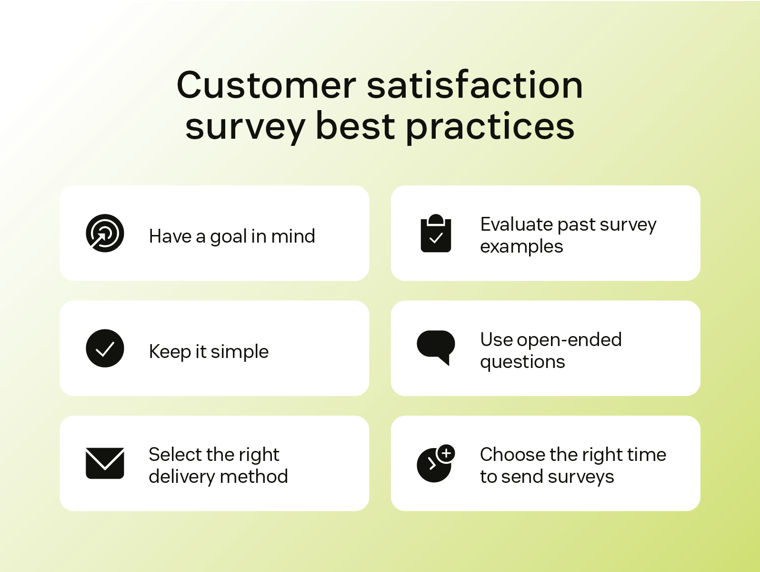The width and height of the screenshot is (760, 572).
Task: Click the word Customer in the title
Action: coord(266,86)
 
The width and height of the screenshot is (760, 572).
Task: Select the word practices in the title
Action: coord(490,128)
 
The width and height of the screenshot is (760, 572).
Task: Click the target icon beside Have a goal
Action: coord(105,233)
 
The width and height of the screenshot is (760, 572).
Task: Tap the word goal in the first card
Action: coord(228,237)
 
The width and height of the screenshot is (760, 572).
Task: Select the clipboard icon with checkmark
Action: coord(436,234)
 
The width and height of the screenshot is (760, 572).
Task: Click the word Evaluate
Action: coord(516,225)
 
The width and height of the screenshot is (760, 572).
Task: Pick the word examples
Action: coord(521,247)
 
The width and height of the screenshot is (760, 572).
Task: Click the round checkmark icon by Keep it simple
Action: coord(105,348)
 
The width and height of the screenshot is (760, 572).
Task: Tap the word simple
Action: coord(240,352)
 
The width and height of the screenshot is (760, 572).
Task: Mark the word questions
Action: coord(522,362)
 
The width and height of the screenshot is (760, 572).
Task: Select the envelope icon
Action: coord(105,463)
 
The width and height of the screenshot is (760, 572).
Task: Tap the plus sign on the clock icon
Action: coord(446,453)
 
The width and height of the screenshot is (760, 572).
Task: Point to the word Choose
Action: coord(512,455)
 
